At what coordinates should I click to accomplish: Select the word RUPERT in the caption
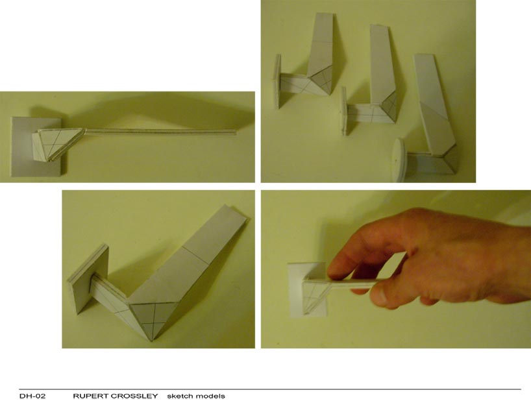[x=88, y=396]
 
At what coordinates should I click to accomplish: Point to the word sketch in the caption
[x=179, y=396]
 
